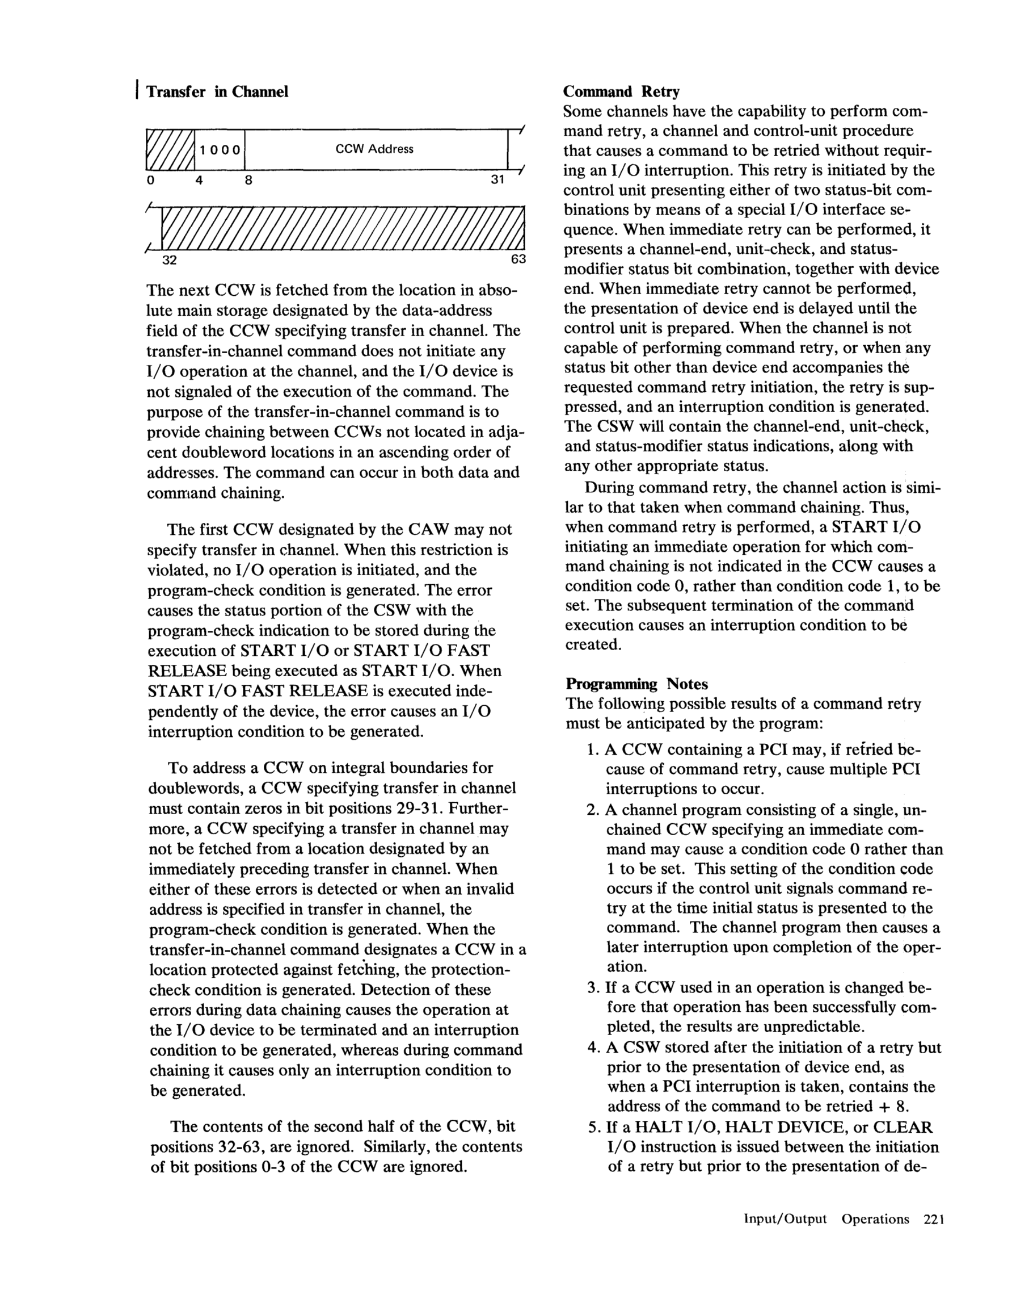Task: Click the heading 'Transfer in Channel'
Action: point(217,92)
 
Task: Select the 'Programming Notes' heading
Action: point(636,684)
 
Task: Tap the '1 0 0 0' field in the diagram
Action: point(220,150)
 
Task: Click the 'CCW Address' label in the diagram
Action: point(374,149)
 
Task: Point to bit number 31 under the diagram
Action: point(497,179)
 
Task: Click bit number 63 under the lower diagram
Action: point(518,259)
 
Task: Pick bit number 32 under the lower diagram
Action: point(170,260)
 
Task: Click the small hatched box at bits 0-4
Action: point(170,149)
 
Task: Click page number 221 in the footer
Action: point(934,1219)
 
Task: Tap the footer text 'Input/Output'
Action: point(785,1219)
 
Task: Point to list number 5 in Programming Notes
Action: point(593,1127)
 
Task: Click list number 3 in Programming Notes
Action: point(593,987)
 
